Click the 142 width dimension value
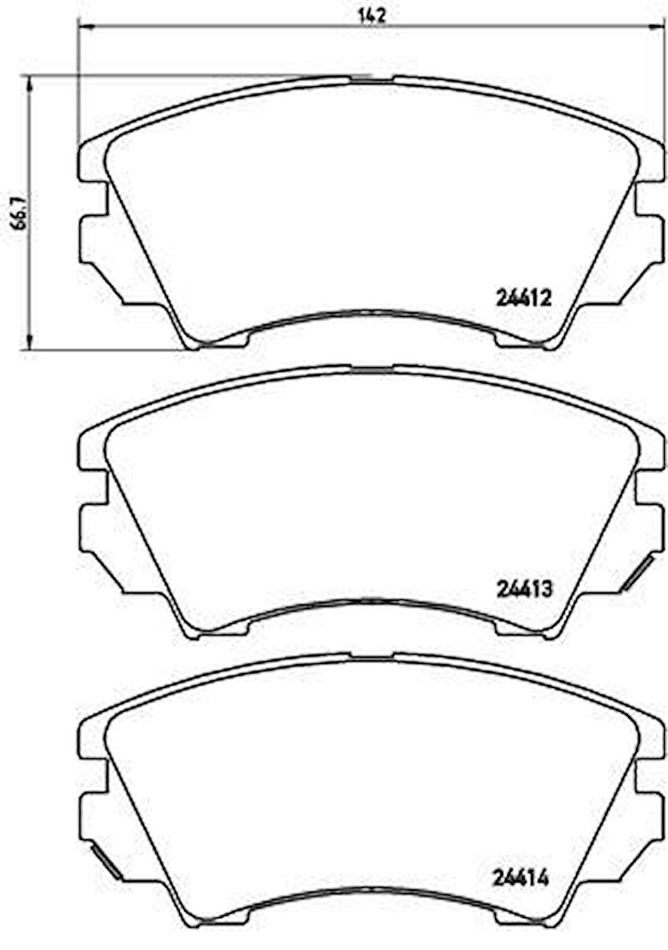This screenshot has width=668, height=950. pos(372,16)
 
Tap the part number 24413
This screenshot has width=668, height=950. pos(524,590)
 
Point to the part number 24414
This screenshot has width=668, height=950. pos(521,878)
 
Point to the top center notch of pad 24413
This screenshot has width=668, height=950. pos(372,368)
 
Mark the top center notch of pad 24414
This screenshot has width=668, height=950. pos(372,657)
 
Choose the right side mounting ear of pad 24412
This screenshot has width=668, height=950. pos(651,238)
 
